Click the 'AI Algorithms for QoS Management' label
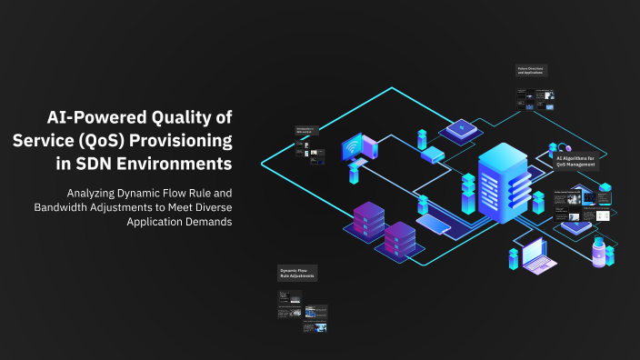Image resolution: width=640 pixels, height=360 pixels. coord(575,162)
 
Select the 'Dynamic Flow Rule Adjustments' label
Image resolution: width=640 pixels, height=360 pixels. coord(298,273)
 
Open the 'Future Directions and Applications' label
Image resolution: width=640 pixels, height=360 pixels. coord(532,70)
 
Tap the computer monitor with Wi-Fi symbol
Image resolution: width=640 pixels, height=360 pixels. coord(354,150)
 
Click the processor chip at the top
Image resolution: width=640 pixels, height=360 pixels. coord(462,130)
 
